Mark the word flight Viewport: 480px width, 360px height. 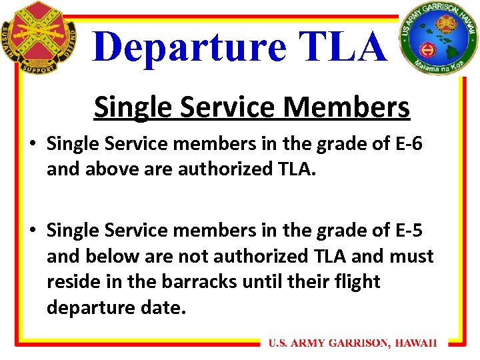(356, 281)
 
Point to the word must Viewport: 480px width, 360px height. (411, 256)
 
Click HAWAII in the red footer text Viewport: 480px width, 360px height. (415, 343)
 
